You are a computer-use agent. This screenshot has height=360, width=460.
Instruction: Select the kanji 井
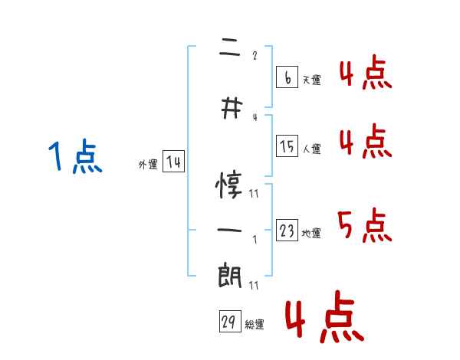pos(230,110)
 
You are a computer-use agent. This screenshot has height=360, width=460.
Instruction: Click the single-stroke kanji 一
pos(230,229)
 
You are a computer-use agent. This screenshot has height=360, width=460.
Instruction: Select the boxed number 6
pos(287,77)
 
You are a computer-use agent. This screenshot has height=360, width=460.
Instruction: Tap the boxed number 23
pos(287,231)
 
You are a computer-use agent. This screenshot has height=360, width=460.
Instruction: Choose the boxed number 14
pos(173,162)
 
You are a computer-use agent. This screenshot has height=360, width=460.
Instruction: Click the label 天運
pos(311,80)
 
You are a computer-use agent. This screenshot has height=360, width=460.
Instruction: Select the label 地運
pos(311,233)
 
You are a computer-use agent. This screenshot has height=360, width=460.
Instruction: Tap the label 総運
pos(255,325)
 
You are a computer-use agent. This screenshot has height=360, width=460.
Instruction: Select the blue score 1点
pos(74,158)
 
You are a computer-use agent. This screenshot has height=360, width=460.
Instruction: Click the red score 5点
pos(364,224)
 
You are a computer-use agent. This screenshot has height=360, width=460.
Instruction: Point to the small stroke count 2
pos(255,55)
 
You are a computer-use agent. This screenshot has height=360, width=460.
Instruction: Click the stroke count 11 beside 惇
pos(254,194)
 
